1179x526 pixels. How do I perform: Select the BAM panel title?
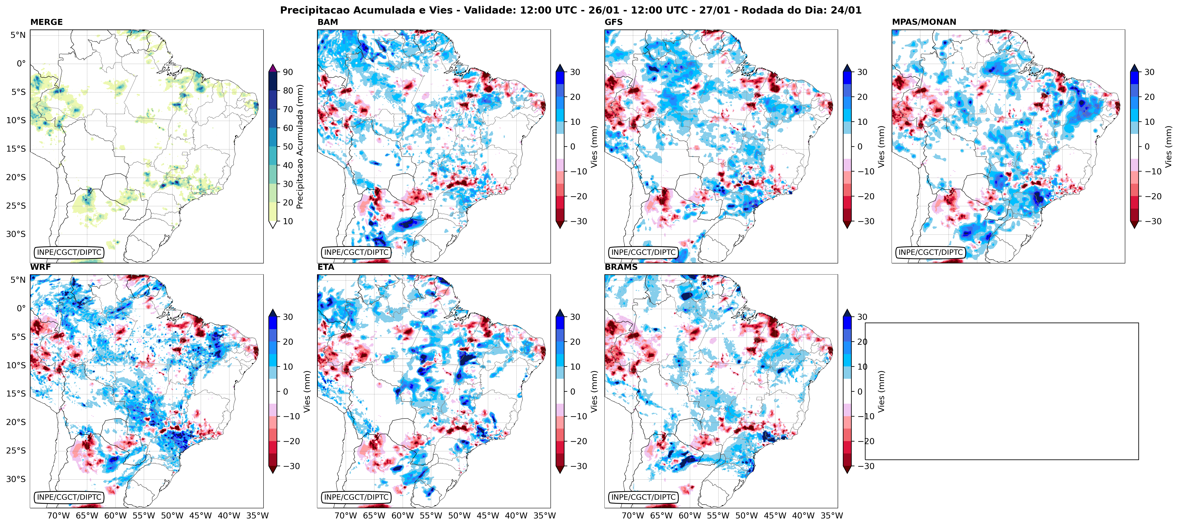pyautogui.click(x=328, y=22)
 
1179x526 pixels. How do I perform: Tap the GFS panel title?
pyautogui.click(x=613, y=22)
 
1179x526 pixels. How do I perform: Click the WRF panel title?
pyautogui.click(x=40, y=267)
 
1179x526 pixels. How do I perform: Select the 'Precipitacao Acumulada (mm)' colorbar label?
pyautogui.click(x=300, y=146)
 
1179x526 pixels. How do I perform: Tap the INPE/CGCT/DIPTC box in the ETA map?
pyautogui.click(x=356, y=497)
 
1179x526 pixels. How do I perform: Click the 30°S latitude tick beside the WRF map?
pyautogui.click(x=16, y=479)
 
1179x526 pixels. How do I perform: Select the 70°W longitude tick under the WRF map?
pyautogui.click(x=59, y=515)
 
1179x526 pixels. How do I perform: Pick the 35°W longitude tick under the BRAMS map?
pyautogui.click(x=831, y=515)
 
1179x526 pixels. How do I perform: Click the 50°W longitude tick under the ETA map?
pyautogui.click(x=459, y=515)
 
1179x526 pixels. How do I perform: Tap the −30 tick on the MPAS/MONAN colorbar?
pyautogui.click(x=1152, y=221)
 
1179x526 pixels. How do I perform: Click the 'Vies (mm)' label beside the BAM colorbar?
pyautogui.click(x=594, y=146)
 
